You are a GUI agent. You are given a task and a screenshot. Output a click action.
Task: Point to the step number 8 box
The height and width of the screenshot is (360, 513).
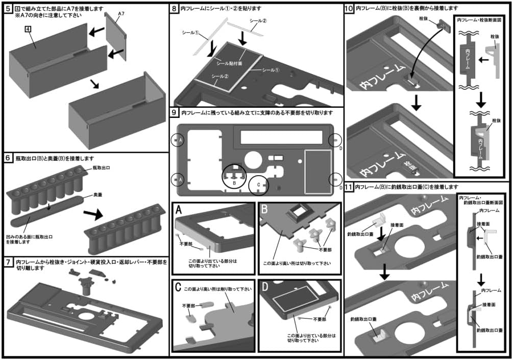pyautogui.click(x=175, y=8)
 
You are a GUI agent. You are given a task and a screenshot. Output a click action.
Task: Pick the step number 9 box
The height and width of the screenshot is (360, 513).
pyautogui.click(x=175, y=112)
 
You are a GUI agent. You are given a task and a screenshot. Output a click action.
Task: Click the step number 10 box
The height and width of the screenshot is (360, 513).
pyautogui.click(x=349, y=8)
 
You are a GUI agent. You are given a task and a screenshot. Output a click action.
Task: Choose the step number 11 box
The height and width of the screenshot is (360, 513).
pyautogui.click(x=349, y=187)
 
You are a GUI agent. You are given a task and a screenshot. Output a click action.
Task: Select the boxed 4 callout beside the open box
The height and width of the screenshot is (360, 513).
pyautogui.click(x=29, y=30)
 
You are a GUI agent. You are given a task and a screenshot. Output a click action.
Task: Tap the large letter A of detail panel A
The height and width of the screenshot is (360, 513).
pyautogui.click(x=179, y=209)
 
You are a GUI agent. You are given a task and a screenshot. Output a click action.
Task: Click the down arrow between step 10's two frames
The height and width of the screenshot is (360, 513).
pyautogui.click(x=417, y=103)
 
